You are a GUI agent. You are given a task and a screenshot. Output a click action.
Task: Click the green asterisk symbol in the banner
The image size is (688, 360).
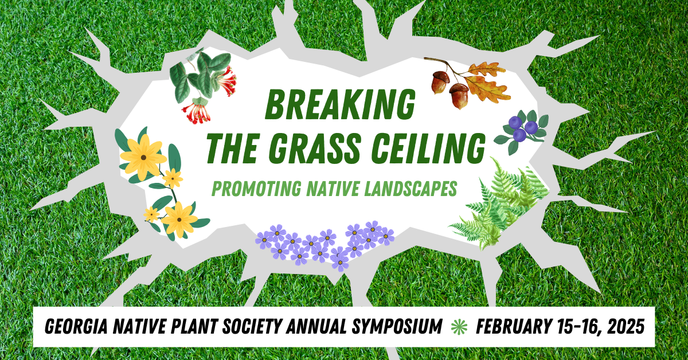click(459, 327)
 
